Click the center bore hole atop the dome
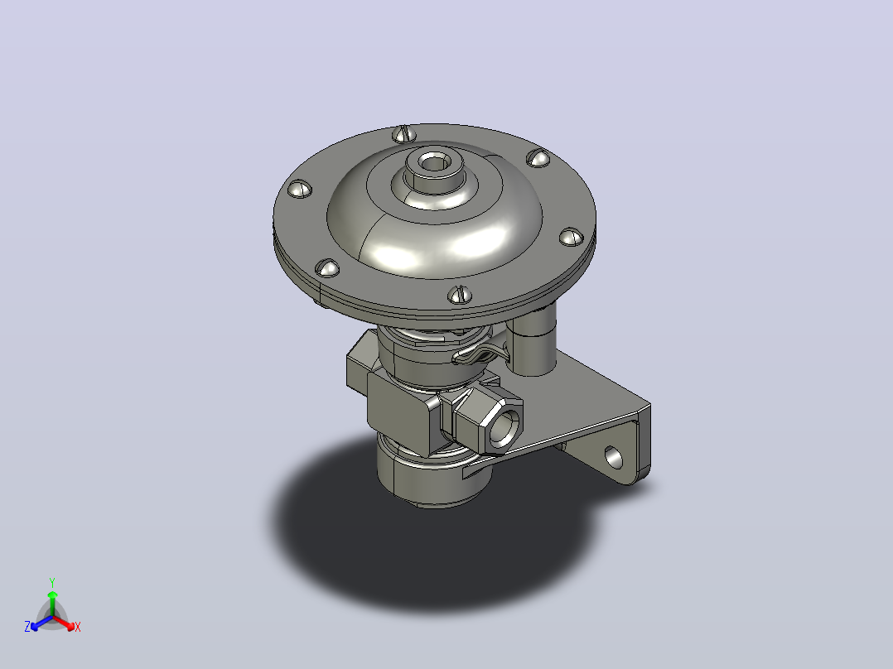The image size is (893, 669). [434, 163]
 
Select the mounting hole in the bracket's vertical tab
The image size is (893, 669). [613, 457]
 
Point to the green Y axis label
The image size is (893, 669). [52, 582]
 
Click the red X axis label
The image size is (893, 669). [78, 627]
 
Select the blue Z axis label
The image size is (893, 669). [27, 626]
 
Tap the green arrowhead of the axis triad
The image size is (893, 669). [52, 595]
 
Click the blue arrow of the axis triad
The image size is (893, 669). [41, 623]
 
